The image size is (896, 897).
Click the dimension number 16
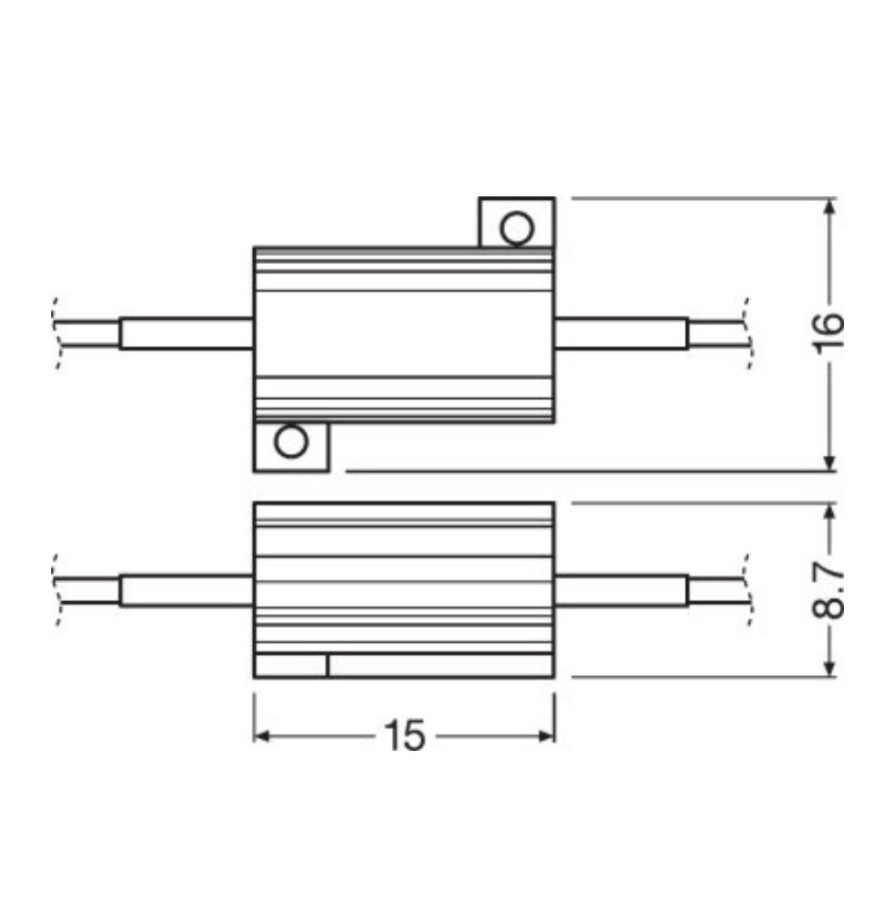point(827,334)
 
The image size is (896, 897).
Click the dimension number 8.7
point(827,591)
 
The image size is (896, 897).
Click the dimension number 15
point(404,735)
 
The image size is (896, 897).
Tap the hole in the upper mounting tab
point(517,228)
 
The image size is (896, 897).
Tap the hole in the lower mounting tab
point(291,443)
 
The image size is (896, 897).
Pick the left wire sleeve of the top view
point(185,333)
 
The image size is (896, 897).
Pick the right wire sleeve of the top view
point(621,333)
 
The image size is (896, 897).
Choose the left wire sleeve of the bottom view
point(185,591)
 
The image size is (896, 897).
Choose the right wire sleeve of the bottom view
point(621,591)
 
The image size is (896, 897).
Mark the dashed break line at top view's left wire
point(58,333)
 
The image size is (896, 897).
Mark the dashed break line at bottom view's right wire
point(749,591)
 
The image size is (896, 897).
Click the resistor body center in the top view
point(404,333)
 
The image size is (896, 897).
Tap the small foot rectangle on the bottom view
point(290,665)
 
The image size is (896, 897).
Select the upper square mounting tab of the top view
point(517,222)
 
